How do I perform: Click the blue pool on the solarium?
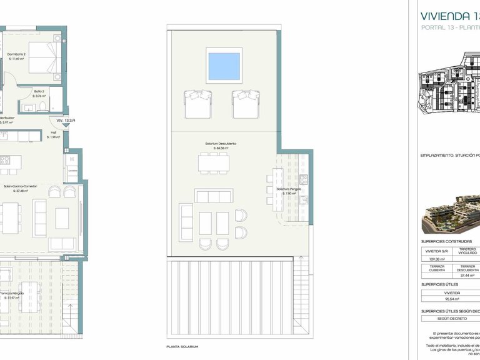tap(224, 66)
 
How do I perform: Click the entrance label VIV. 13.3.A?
tap(66, 120)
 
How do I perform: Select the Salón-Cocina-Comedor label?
tap(21, 186)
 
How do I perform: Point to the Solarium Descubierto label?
tap(221, 144)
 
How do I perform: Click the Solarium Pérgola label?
tap(290, 189)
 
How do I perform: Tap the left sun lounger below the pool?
tap(197, 102)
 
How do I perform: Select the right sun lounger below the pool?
tap(246, 102)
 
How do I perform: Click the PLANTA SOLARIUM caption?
tap(181, 346)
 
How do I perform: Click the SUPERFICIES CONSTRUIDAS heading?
tap(446, 241)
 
